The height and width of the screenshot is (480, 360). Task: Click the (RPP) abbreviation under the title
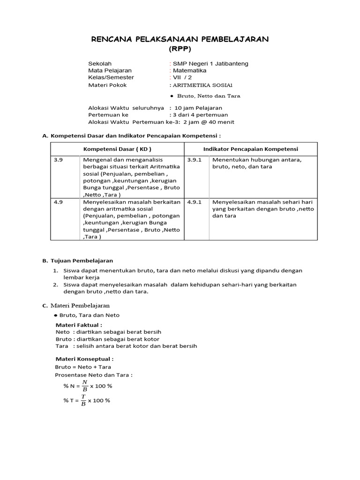coord(180,49)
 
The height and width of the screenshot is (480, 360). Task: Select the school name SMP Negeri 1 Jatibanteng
coord(210,64)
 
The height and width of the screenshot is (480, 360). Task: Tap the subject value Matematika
coord(189,70)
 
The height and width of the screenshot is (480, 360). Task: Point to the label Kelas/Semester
coord(111,77)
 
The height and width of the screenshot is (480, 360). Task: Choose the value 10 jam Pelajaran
coord(198,108)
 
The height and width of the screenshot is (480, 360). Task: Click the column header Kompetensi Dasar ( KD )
coord(117,149)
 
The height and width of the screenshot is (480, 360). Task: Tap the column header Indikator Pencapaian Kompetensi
coord(251,149)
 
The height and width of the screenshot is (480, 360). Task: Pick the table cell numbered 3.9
coord(59,160)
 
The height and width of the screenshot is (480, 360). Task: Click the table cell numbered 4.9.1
coord(194,202)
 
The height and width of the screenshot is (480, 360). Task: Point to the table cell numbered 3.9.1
coord(194,160)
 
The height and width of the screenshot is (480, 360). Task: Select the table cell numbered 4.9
coord(59,202)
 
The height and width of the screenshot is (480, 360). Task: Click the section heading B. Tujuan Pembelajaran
coord(78,261)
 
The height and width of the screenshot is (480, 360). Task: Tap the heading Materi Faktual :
coord(79,325)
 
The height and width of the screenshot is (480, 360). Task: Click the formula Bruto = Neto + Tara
coord(83,367)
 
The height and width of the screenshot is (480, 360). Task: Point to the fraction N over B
coord(84,386)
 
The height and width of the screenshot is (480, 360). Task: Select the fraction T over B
coord(83,400)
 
